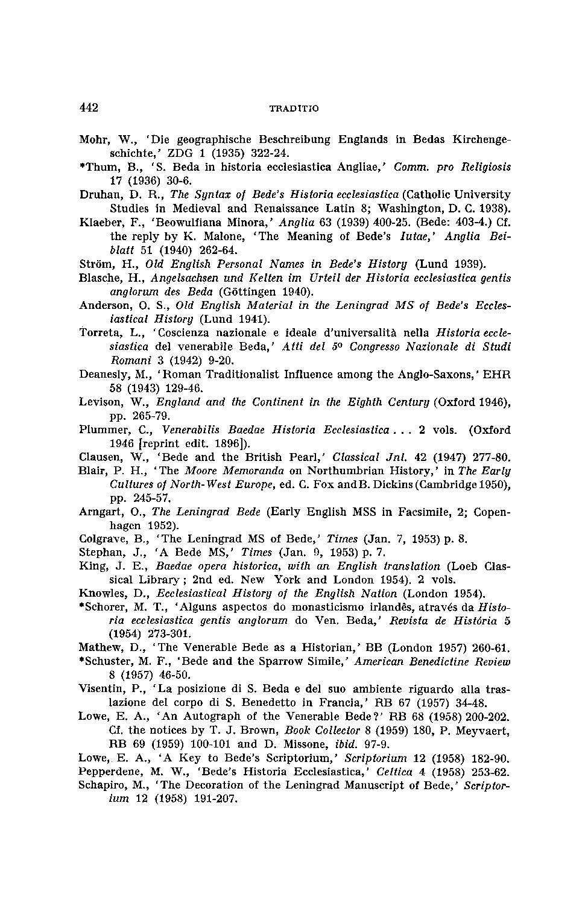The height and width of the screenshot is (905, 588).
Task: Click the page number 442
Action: pyautogui.click(x=89, y=108)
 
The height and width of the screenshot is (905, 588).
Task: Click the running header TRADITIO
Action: pyautogui.click(x=294, y=109)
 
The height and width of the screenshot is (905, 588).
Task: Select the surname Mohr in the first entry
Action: pyautogui.click(x=92, y=139)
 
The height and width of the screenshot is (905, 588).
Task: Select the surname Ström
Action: pyautogui.click(x=93, y=264)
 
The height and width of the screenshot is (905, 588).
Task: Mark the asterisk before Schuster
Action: pyautogui.click(x=81, y=661)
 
